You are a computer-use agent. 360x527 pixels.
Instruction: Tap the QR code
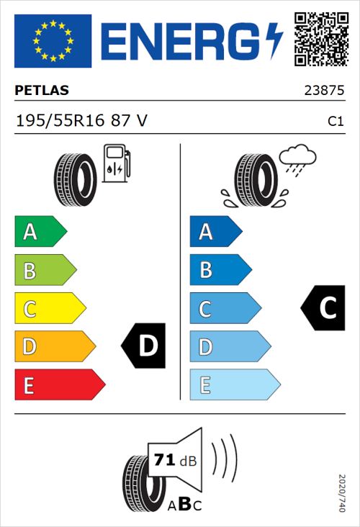pyautogui.click(x=321, y=37)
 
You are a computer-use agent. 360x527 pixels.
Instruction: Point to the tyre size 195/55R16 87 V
pyautogui.click(x=81, y=121)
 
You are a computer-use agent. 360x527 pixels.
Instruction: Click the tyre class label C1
pyautogui.click(x=335, y=122)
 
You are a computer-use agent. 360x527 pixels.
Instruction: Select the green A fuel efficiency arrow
pyautogui.click(x=40, y=232)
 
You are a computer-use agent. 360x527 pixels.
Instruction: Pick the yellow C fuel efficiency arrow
pyautogui.click(x=49, y=308)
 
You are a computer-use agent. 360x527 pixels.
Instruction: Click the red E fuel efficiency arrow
pyautogui.click(x=59, y=385)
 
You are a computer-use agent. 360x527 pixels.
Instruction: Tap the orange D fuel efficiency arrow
pyautogui.click(x=54, y=347)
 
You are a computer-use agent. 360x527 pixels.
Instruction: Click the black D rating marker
pyautogui.click(x=144, y=346)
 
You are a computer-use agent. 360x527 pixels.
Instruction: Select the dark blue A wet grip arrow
pyautogui.click(x=215, y=232)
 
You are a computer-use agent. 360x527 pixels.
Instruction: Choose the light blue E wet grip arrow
pyautogui.click(x=234, y=385)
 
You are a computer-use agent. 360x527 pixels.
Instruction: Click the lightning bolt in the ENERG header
pyautogui.click(x=274, y=40)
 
